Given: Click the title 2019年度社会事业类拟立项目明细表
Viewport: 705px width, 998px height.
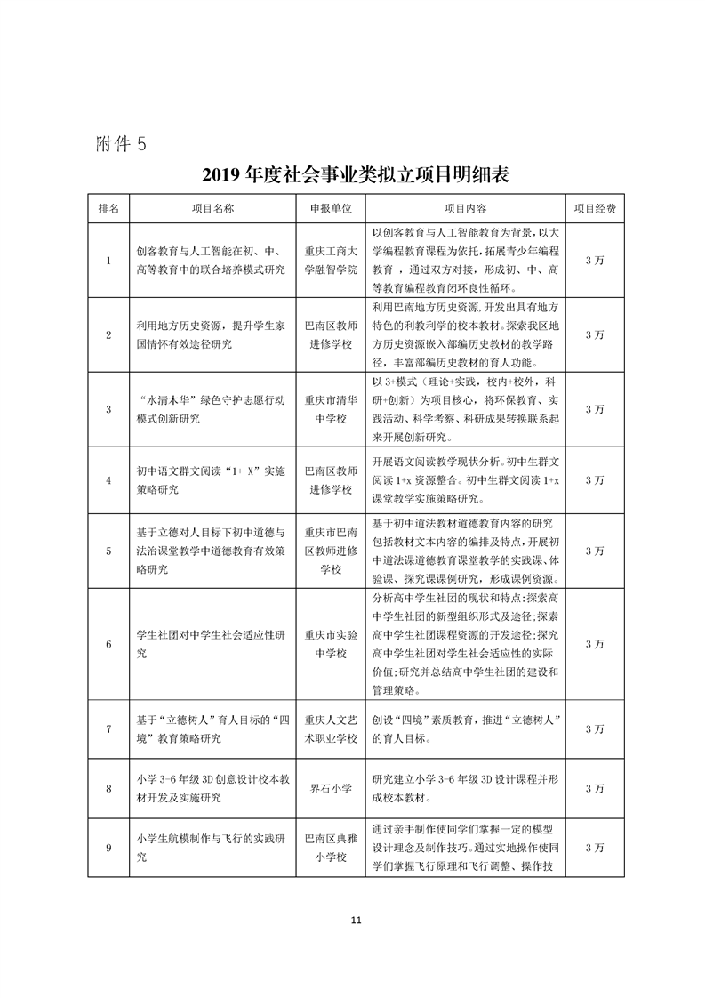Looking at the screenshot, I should tap(356, 173).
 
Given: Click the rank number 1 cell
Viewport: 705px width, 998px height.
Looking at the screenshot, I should tap(108, 260).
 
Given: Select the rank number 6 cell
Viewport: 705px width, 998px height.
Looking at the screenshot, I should tap(108, 643).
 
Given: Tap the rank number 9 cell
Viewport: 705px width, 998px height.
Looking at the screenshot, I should tap(108, 848).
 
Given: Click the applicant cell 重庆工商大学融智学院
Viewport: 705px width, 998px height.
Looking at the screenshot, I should tap(330, 260).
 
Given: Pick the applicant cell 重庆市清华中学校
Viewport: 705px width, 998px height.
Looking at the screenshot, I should tap(330, 409).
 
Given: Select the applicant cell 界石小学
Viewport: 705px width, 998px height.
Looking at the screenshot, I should tap(330, 788).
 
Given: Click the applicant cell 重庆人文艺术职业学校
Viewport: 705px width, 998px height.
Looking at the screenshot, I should tap(330, 728).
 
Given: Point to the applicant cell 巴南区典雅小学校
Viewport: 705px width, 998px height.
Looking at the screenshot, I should tap(330, 848).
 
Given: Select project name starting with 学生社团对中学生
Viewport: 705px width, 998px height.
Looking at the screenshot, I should tap(212, 643).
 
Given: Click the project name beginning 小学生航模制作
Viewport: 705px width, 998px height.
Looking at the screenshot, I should tap(212, 848).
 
